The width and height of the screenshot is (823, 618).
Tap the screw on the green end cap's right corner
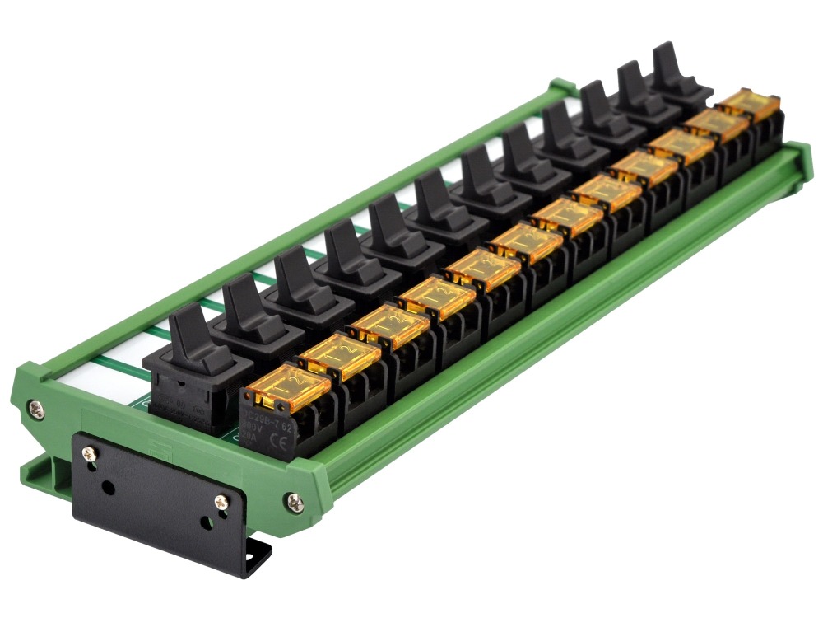tap(294, 499)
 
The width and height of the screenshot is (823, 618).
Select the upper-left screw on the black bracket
tap(89, 452)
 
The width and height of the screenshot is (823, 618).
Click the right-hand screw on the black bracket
tap(221, 501)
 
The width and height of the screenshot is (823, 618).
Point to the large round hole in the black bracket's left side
tap(108, 487)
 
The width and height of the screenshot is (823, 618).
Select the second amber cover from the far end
tap(714, 124)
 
